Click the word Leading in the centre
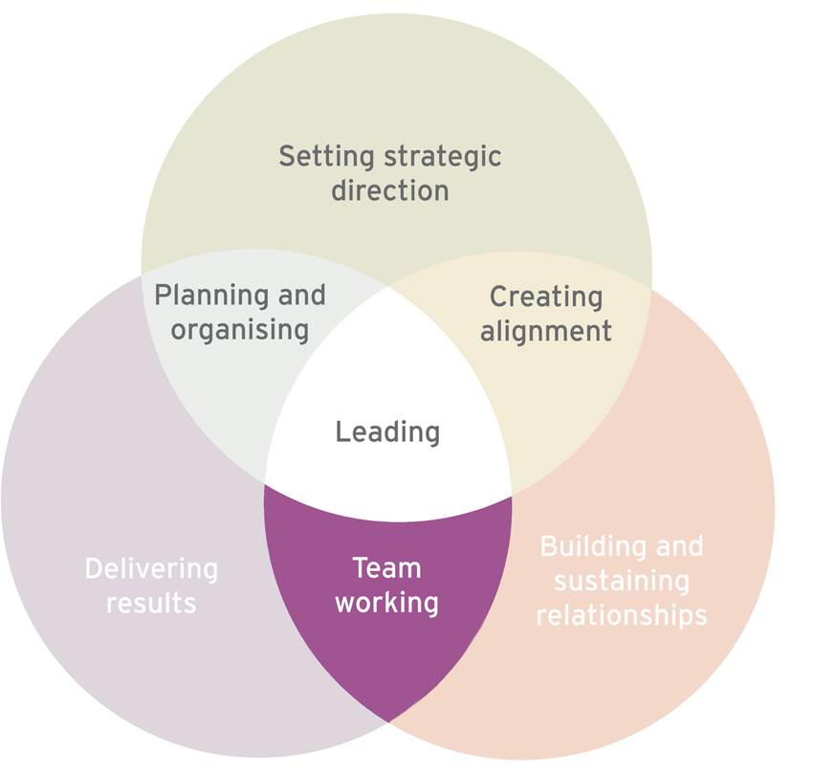tap(387, 432)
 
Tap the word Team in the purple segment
tap(386, 568)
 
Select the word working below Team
tap(386, 603)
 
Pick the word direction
tap(390, 189)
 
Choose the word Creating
tap(546, 297)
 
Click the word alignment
tap(546, 331)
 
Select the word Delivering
tap(151, 569)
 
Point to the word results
tap(151, 604)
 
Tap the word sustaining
tap(622, 581)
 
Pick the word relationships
tap(622, 614)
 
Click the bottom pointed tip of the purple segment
tap(388, 718)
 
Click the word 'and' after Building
tap(676, 546)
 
